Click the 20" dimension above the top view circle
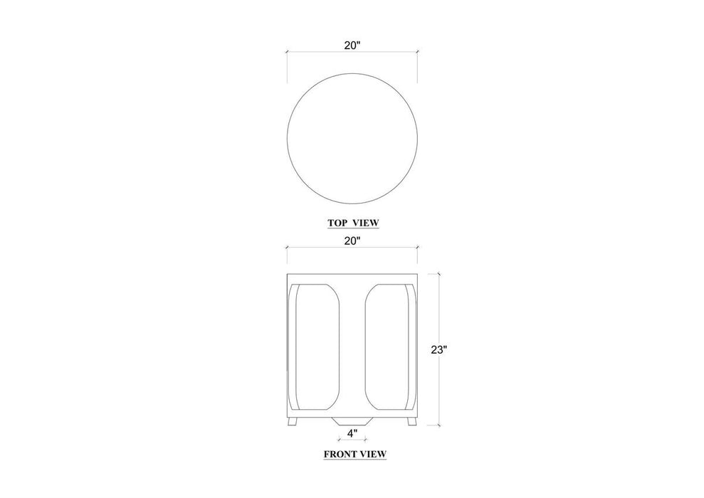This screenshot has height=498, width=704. tap(352, 46)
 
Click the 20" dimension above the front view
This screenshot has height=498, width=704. tap(352, 241)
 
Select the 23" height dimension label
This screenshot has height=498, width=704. tap(439, 350)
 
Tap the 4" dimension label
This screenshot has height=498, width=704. tap(352, 433)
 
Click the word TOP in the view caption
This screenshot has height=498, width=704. tap(337, 223)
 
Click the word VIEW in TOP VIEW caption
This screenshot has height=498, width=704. tap(366, 223)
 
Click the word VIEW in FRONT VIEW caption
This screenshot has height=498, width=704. tap(373, 454)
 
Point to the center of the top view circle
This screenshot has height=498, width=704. tap(352, 138)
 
